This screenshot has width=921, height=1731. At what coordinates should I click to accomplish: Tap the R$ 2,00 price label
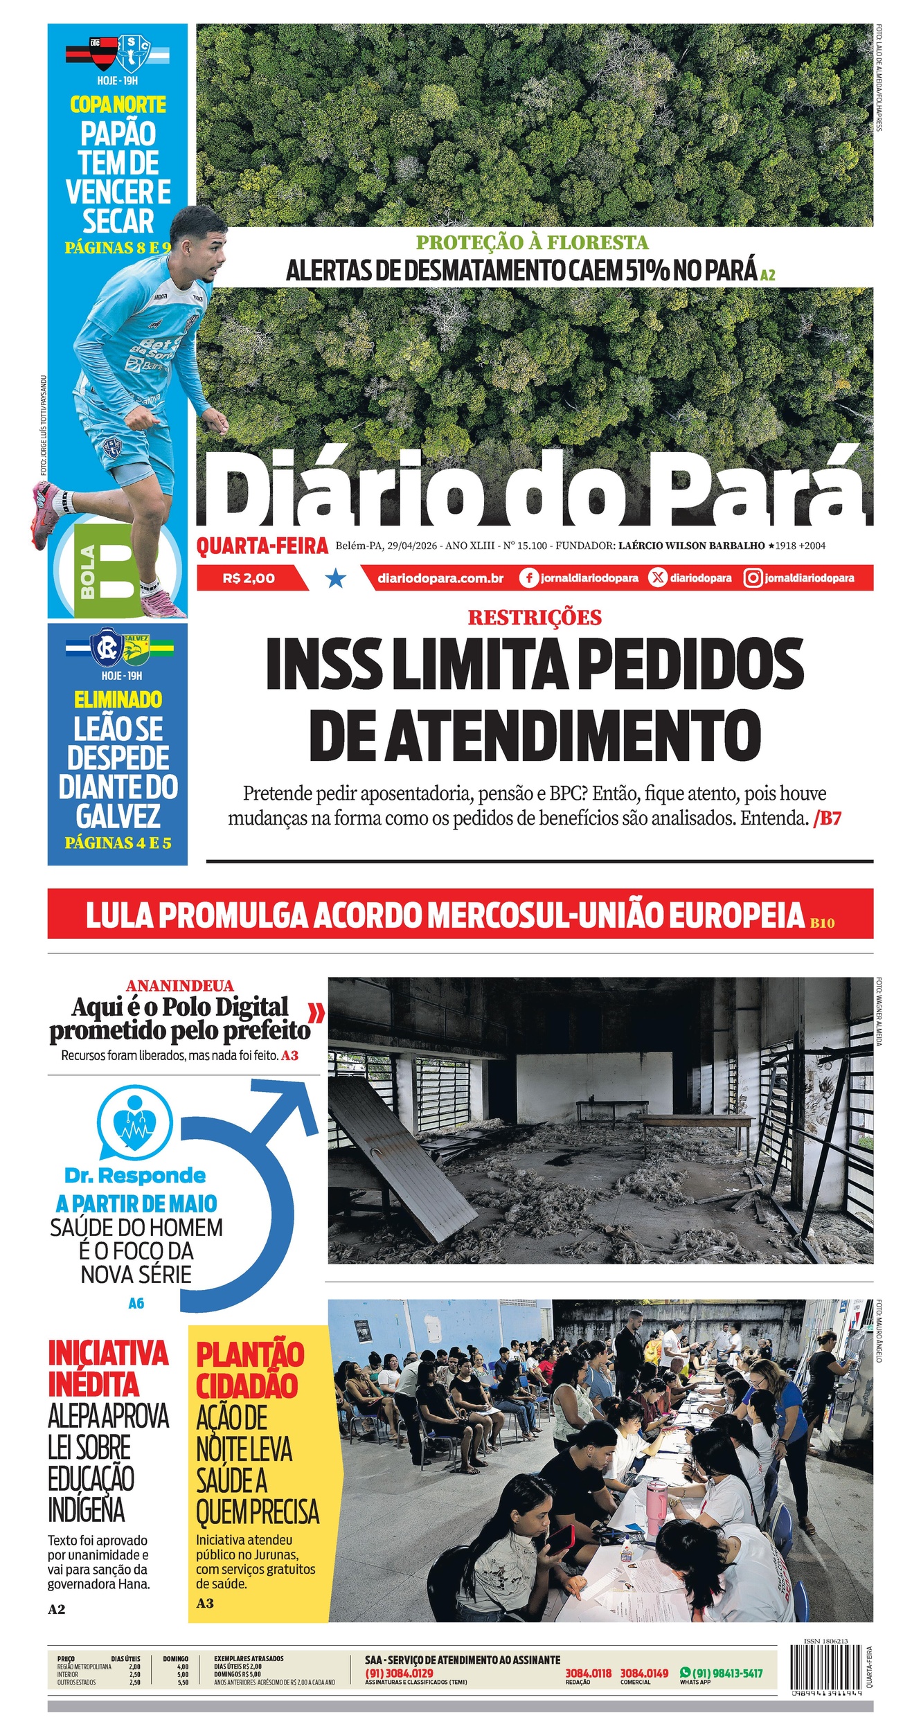(x=249, y=578)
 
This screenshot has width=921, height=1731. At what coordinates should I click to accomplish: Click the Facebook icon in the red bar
(x=528, y=578)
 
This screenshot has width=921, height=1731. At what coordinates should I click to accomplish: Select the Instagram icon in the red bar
(x=753, y=578)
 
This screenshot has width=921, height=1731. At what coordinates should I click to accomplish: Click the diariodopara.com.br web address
(x=440, y=578)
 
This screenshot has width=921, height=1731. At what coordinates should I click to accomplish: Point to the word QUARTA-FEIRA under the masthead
(x=262, y=546)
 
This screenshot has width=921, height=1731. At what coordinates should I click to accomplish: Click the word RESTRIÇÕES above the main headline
(x=535, y=617)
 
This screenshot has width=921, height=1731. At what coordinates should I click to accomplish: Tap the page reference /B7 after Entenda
(x=828, y=818)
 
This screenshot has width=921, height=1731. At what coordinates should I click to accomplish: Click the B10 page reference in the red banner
(x=822, y=922)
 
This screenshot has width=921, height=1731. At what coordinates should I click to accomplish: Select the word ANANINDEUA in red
(x=180, y=985)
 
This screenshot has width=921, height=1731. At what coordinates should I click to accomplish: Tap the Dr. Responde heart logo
(x=134, y=1126)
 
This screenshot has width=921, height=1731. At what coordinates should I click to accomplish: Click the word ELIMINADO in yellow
(x=118, y=699)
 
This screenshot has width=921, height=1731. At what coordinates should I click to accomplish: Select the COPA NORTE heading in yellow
(x=118, y=105)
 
